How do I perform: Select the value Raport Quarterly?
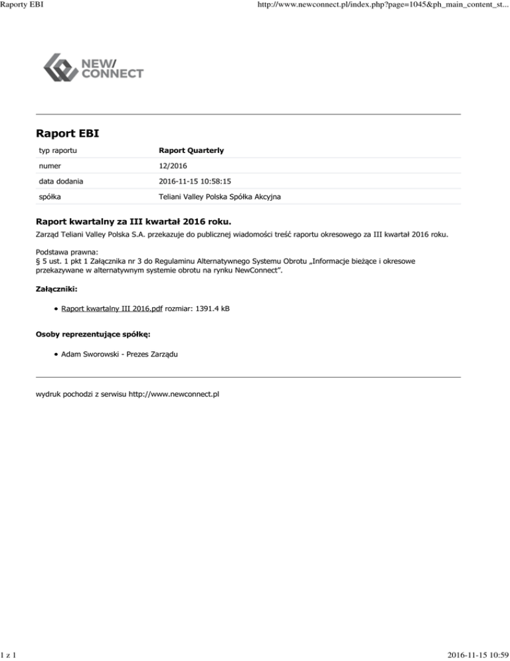tap(191, 151)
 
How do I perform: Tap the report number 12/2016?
tap(173, 166)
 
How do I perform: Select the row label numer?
tap(47, 166)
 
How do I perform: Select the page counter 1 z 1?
tap(9, 654)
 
